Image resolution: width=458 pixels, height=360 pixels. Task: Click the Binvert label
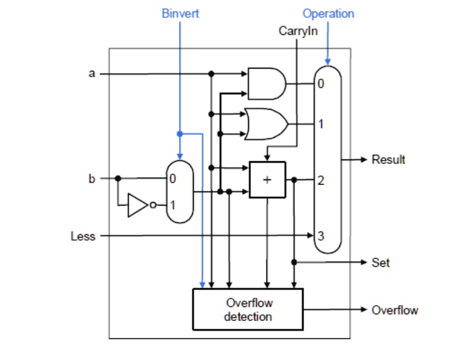click(x=180, y=14)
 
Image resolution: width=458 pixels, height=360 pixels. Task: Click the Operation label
click(x=328, y=13)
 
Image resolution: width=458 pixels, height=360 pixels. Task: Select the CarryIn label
click(x=298, y=31)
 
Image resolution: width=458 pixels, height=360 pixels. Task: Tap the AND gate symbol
click(x=266, y=84)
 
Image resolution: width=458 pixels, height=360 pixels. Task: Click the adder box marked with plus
click(x=267, y=179)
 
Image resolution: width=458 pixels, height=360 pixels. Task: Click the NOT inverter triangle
click(x=138, y=205)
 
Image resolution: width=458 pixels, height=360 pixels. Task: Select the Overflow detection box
click(x=248, y=309)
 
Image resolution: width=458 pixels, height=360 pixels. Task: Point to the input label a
click(x=92, y=73)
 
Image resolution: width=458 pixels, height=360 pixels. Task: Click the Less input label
click(x=82, y=235)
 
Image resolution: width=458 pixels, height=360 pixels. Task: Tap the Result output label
click(x=388, y=159)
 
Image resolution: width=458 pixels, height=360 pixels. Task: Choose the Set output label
click(x=380, y=262)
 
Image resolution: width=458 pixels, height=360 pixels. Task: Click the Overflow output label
click(x=395, y=310)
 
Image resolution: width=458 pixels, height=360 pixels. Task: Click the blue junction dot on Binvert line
click(x=180, y=134)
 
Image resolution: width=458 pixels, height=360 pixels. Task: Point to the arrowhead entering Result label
click(x=363, y=159)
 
